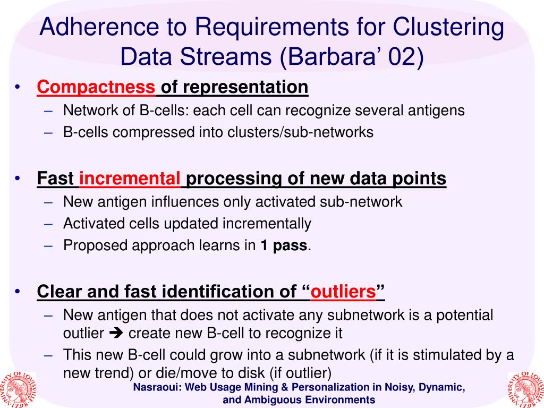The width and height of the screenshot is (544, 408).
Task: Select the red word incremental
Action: point(130,179)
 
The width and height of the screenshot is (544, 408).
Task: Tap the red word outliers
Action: point(343,292)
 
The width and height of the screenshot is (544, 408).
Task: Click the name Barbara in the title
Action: point(328,57)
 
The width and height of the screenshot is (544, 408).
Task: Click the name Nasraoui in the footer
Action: point(156,387)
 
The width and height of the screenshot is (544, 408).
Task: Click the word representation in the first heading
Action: point(234,87)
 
